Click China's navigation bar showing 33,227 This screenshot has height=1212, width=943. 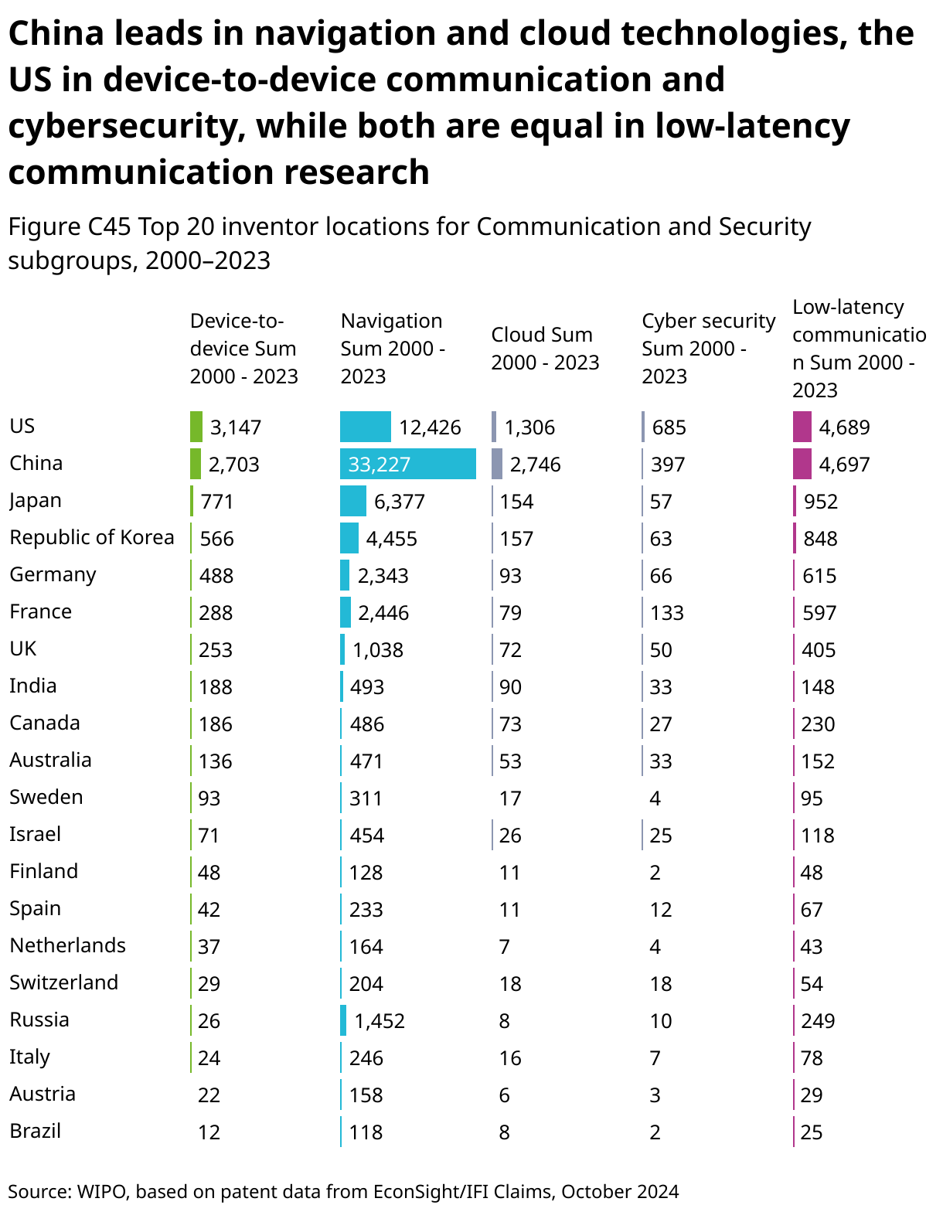407,464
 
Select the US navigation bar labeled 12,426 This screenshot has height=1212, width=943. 366,427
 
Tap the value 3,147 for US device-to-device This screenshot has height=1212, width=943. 236,427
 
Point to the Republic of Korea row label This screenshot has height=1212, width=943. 92,537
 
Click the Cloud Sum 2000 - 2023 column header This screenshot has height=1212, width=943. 545,349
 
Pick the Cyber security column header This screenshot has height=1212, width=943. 708,349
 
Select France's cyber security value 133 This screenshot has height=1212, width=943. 667,613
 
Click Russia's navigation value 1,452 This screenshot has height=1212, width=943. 380,1021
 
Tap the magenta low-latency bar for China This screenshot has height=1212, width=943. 802,464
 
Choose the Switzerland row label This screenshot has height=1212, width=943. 64,982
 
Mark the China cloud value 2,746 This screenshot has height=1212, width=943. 535,465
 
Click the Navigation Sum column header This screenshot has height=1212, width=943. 393,349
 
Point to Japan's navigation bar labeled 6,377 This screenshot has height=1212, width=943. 353,501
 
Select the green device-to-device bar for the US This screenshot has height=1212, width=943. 196,427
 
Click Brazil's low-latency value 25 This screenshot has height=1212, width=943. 812,1132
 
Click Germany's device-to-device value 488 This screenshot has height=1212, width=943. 216,576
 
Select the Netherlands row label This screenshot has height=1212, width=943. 68,945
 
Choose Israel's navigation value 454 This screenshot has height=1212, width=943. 366,836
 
